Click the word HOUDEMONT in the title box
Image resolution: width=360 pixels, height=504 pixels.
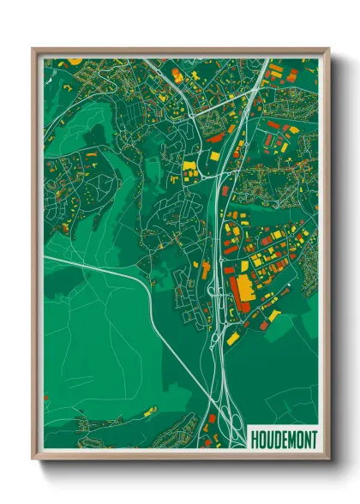click(x=283, y=440)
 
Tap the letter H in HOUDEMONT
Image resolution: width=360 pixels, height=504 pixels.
click(x=254, y=440)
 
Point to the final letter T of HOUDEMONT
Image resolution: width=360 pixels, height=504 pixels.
click(x=313, y=440)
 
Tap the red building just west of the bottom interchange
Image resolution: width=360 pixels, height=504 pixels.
click(x=212, y=419)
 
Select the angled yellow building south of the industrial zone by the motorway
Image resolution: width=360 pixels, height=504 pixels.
click(x=232, y=338)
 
